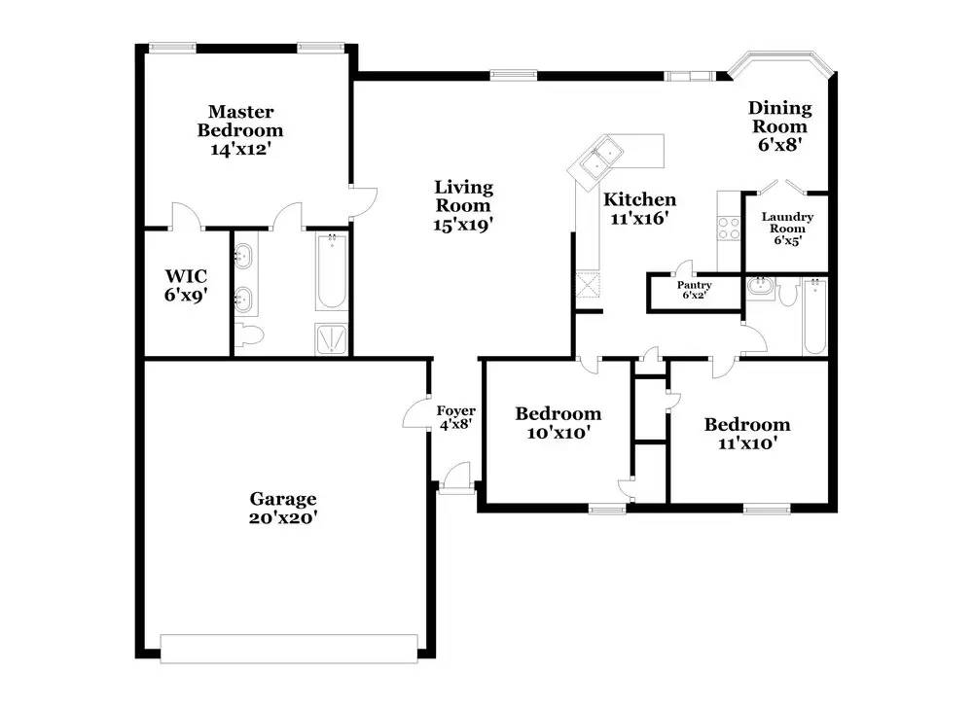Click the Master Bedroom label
(x=240, y=121)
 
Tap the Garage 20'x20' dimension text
(x=283, y=517)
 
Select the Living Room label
(x=463, y=196)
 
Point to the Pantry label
(x=695, y=285)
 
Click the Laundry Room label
(x=787, y=222)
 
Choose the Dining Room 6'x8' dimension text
(x=780, y=145)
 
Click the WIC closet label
(x=186, y=276)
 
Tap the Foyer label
(x=456, y=410)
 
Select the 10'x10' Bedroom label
(x=558, y=413)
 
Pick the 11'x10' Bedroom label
(x=747, y=425)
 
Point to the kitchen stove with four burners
(x=729, y=229)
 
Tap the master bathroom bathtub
(x=332, y=271)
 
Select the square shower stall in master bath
(x=332, y=338)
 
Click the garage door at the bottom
(x=289, y=649)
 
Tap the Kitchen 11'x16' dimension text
(x=640, y=218)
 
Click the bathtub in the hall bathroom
(x=814, y=316)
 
